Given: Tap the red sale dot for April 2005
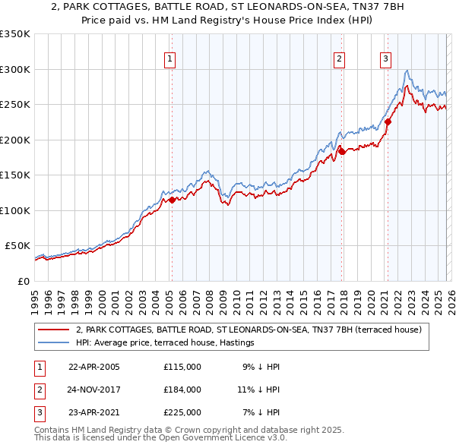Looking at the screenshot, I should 172,200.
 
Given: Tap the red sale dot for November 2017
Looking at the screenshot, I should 342,151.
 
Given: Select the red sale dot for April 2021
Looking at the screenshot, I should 388,121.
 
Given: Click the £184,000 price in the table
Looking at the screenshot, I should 182,390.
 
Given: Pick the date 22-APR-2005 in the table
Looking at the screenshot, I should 94,367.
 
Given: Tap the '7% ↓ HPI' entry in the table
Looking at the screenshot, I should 260,412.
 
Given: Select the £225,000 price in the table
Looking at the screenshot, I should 182,412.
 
